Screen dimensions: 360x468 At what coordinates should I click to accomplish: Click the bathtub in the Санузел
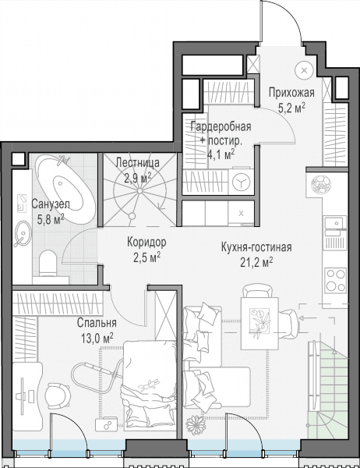point(65,188)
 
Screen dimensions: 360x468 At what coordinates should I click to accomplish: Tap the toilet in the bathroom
point(48,263)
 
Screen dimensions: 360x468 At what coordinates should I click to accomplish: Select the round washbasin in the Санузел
point(23,233)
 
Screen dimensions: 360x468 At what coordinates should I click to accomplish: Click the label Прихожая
point(291,93)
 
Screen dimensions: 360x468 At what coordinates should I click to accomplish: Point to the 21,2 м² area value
point(256,262)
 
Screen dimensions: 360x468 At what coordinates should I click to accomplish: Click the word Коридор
point(146,242)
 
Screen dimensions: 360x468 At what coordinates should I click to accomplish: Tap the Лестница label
point(137,163)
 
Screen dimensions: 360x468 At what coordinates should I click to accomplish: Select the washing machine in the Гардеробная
point(241,183)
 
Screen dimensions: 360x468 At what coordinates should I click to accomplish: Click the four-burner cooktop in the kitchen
point(336,280)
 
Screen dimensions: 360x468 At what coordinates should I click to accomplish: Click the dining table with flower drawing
point(259,324)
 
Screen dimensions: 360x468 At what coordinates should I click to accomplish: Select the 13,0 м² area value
point(97,339)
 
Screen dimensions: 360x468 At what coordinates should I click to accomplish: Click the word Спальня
point(97,323)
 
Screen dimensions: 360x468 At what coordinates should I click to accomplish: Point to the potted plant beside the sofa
point(196,425)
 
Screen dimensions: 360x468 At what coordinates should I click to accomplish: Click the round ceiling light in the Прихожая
point(304,70)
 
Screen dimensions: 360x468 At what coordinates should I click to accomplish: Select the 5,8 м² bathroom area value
point(51,220)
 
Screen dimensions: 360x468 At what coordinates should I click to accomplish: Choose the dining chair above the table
point(258,291)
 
